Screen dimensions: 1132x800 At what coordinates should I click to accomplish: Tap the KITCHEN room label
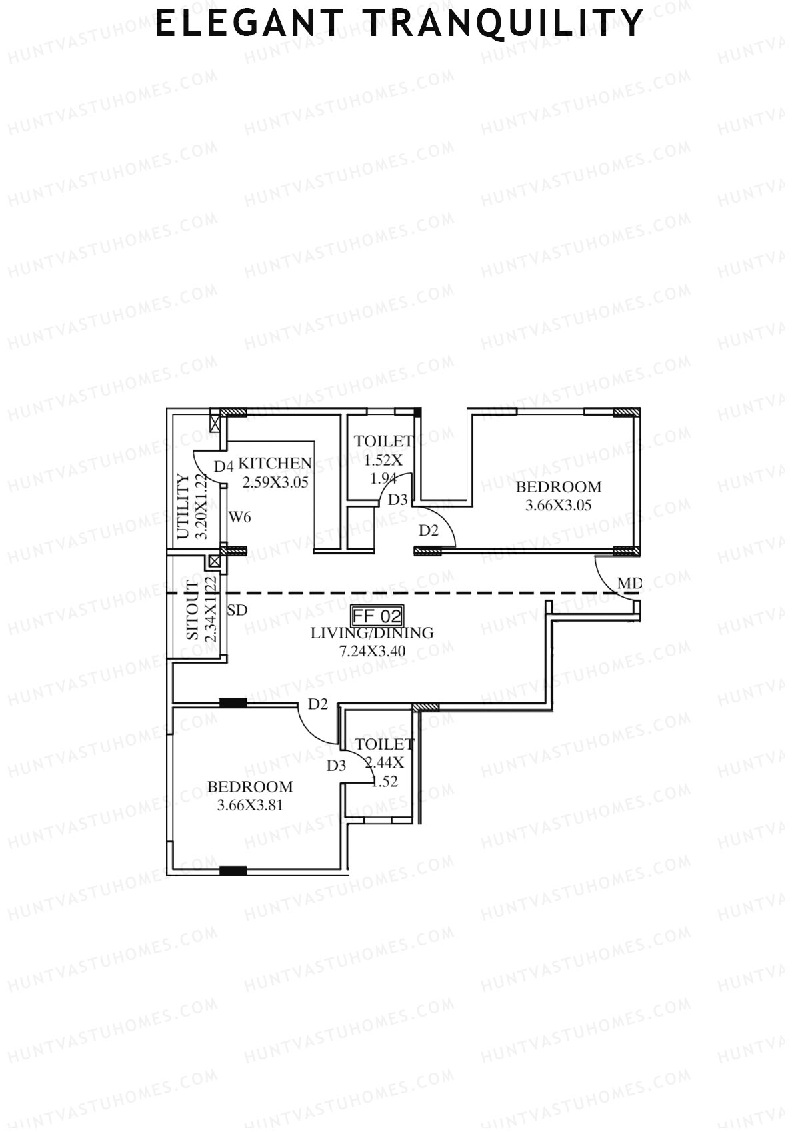tap(275, 463)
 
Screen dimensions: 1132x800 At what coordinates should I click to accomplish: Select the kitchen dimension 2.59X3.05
tap(275, 482)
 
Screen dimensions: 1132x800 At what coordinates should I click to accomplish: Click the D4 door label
tap(223, 466)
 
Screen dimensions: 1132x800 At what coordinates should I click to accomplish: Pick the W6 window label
tap(240, 516)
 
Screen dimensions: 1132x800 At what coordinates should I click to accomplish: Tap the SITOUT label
tap(193, 611)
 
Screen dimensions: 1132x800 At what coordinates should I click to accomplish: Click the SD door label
tap(237, 610)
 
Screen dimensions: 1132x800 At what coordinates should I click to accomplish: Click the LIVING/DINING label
tap(372, 633)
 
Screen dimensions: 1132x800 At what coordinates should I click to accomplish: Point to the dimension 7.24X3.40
tap(372, 652)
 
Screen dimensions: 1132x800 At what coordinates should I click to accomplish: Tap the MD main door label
tap(629, 584)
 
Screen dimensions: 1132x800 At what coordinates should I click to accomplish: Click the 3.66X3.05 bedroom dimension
tap(558, 505)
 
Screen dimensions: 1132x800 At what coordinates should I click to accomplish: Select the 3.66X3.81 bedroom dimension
tap(250, 805)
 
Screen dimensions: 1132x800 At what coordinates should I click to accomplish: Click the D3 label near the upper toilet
tap(397, 499)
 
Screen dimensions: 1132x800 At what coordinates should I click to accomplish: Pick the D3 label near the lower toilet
tap(337, 766)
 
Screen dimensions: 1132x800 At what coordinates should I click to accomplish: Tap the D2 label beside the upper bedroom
tap(429, 531)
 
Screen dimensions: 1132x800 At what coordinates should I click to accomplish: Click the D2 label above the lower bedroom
tap(318, 704)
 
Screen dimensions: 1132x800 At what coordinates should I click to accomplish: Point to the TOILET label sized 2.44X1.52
tap(385, 744)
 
